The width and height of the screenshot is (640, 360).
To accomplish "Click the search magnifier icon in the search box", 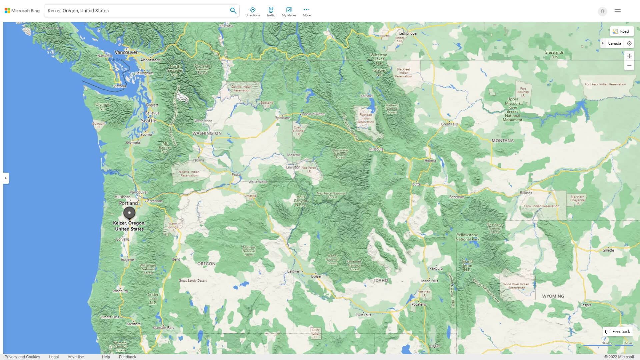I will [x=233, y=11].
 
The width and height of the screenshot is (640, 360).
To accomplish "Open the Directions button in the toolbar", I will [x=252, y=12].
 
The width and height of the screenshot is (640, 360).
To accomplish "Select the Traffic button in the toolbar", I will [x=271, y=12].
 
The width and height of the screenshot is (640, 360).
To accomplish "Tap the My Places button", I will [x=289, y=12].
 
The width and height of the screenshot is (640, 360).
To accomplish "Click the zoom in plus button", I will [x=629, y=56].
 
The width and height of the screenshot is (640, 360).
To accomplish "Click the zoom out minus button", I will [x=629, y=66].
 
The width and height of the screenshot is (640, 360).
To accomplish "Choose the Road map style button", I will [x=621, y=31].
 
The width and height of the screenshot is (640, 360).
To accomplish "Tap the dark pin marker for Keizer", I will [x=129, y=212].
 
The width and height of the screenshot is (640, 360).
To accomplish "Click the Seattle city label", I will [x=148, y=121].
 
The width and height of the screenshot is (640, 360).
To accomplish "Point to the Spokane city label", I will [x=282, y=118].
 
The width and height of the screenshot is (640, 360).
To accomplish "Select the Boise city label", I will [x=316, y=276].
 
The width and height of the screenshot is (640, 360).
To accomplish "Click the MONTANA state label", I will [x=502, y=141].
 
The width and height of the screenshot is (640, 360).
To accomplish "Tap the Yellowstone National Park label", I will [x=467, y=237].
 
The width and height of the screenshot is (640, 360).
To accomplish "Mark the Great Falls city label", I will [x=449, y=124].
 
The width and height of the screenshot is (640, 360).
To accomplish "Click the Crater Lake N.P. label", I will [x=153, y=299].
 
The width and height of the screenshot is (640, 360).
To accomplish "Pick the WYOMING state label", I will [x=553, y=296].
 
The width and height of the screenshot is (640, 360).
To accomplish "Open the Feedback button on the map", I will [x=618, y=332].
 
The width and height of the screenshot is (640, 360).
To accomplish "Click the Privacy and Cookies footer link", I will [x=22, y=357].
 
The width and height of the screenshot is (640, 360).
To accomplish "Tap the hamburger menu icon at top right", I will [x=617, y=11].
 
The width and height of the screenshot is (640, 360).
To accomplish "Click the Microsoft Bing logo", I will [x=22, y=11].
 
